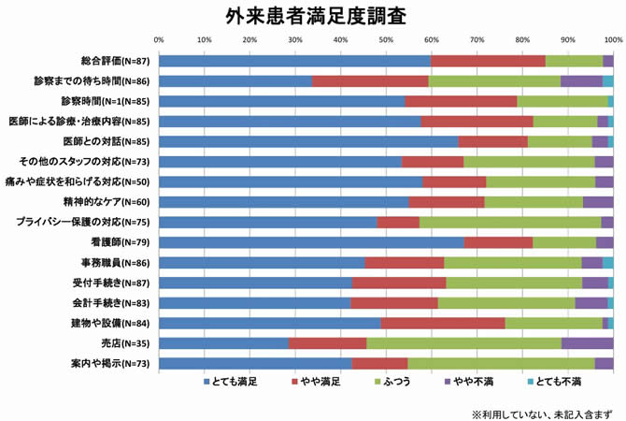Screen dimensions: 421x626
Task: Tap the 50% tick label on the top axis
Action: click(x=386, y=40)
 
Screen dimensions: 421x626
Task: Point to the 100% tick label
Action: click(x=612, y=40)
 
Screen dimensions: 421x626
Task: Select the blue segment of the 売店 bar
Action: click(x=223, y=343)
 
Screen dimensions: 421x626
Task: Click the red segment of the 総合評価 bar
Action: click(x=488, y=61)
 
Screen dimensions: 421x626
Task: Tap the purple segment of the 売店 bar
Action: click(x=587, y=343)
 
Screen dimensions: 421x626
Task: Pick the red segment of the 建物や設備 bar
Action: click(x=443, y=323)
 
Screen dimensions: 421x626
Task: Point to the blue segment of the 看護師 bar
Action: click(x=311, y=242)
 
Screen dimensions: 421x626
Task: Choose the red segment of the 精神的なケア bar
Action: click(x=447, y=202)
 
